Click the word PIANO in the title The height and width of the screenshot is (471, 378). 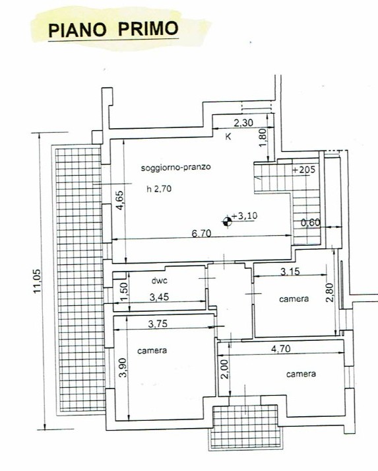77,30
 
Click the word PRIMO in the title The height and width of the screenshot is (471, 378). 148,28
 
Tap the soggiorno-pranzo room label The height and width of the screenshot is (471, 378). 175,167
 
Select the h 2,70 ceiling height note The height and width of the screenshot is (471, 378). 159,189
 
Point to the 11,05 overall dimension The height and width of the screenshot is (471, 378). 37,281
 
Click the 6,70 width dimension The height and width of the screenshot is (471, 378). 201,233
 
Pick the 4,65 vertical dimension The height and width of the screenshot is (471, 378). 119,200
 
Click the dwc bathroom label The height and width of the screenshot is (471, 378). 159,281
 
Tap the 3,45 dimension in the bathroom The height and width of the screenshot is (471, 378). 159,297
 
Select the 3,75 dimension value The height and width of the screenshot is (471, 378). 158,324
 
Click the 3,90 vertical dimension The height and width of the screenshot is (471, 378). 123,367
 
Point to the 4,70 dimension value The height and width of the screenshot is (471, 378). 281,349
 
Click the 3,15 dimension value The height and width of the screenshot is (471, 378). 290,272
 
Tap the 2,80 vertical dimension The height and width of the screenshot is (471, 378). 329,292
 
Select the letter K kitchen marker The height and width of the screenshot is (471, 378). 228,136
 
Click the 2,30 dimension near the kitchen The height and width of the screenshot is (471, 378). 243,123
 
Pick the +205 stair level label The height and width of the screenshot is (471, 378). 304,170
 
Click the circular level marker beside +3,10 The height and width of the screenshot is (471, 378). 227,222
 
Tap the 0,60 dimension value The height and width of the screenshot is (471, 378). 311,223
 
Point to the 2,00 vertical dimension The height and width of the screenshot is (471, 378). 226,369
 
